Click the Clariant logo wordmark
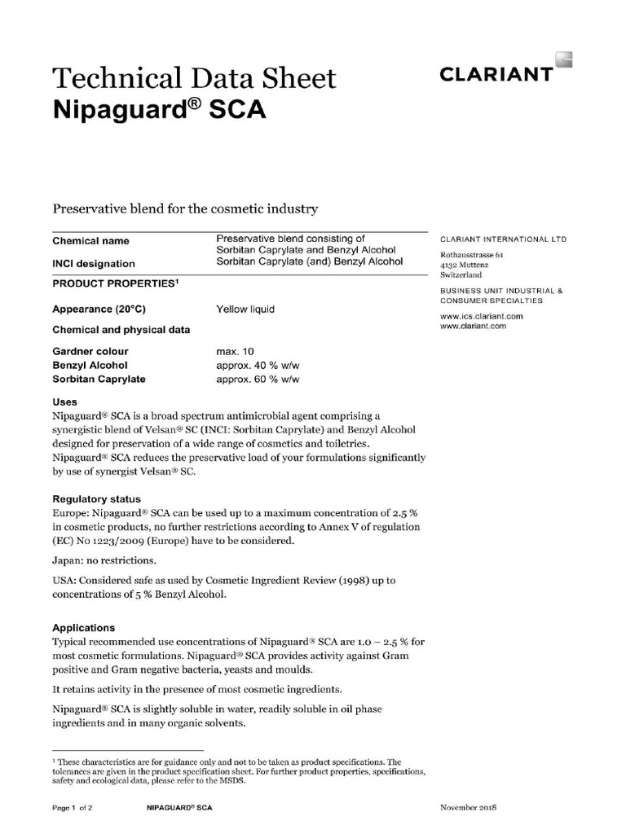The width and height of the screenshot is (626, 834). (496, 75)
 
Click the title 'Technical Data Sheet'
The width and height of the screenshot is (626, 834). (194, 78)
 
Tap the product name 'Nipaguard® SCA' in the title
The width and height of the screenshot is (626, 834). (159, 109)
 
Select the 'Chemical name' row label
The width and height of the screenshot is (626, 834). (90, 241)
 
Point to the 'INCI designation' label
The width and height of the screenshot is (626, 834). (94, 264)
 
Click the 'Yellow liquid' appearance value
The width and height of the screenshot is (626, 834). (245, 309)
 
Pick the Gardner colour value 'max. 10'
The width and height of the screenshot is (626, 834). (235, 352)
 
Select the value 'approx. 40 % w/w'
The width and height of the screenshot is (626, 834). (258, 366)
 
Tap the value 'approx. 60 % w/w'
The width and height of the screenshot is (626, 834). (258, 380)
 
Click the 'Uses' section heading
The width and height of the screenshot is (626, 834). (65, 402)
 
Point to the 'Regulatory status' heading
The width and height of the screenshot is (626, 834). (96, 499)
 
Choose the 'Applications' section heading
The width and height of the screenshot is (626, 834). (83, 629)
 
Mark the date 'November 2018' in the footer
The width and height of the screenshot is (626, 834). (468, 808)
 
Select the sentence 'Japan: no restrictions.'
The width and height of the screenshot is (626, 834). (104, 561)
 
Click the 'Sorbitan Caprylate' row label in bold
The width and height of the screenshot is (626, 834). (99, 380)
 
